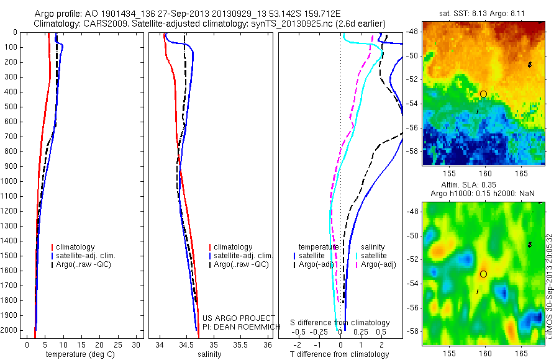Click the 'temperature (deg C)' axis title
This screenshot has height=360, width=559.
pyautogui.click(x=78, y=354)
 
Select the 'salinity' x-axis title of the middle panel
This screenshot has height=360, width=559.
pyautogui.click(x=209, y=354)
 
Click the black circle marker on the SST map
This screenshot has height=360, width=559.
pyautogui.click(x=483, y=94)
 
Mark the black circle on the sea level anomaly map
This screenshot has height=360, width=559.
pyautogui.click(x=483, y=274)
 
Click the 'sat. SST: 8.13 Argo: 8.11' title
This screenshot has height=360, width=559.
pyautogui.click(x=484, y=14)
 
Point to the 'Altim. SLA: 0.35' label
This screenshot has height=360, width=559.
pyautogui.click(x=484, y=186)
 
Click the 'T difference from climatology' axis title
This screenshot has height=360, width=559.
pyautogui.click(x=339, y=354)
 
